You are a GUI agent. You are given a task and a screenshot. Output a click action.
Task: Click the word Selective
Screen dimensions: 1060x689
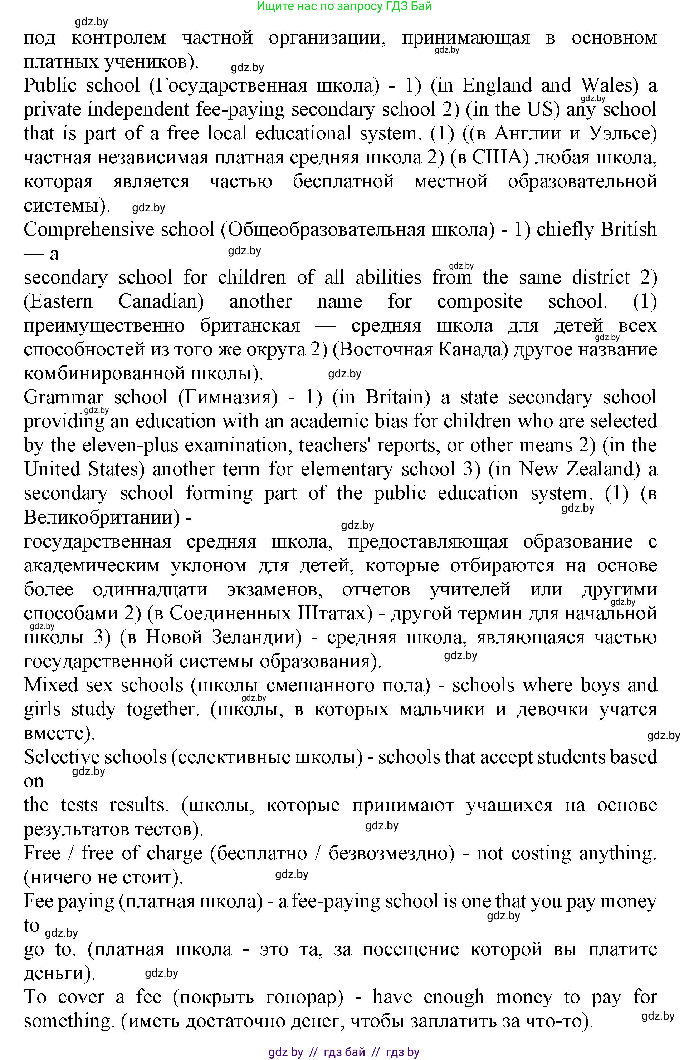point(62,757)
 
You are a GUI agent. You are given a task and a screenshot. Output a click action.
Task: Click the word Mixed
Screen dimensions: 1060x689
point(51,685)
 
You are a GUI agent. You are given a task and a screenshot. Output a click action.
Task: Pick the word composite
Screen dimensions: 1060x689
point(480,301)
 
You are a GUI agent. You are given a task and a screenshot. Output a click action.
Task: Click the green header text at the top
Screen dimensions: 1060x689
point(344,6)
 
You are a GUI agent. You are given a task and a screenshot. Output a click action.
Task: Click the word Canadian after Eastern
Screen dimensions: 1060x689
point(161,301)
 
